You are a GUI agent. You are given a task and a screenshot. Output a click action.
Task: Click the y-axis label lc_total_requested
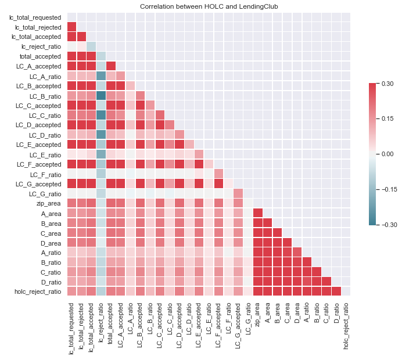tap(36, 17)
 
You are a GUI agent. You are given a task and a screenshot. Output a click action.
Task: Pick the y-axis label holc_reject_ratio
tap(37, 291)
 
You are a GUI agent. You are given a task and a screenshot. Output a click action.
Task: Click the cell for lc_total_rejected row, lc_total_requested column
tap(72, 27)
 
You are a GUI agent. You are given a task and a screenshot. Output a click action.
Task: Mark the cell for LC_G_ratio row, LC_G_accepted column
tap(238, 193)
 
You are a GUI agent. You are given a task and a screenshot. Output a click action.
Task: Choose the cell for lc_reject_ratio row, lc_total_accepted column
tap(92, 46)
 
